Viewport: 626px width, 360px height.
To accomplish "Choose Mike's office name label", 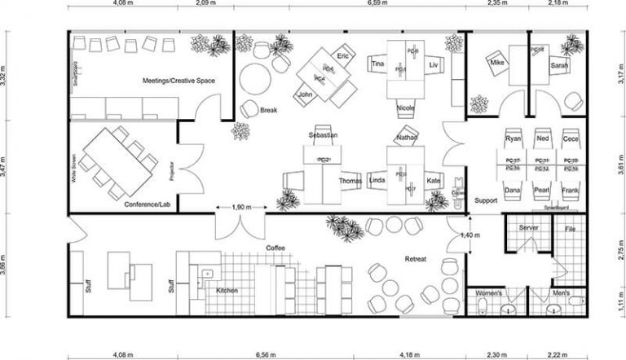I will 498,61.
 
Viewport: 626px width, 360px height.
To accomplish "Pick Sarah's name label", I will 558,65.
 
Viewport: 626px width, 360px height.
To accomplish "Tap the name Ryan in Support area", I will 513,138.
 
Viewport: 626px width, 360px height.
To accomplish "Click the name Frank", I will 571,190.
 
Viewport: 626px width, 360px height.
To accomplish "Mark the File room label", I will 571,229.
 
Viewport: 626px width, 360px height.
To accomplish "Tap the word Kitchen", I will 227,290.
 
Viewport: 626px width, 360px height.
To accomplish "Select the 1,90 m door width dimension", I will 241,208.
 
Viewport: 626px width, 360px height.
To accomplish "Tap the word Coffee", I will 275,247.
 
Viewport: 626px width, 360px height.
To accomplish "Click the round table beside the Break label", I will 254,80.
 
